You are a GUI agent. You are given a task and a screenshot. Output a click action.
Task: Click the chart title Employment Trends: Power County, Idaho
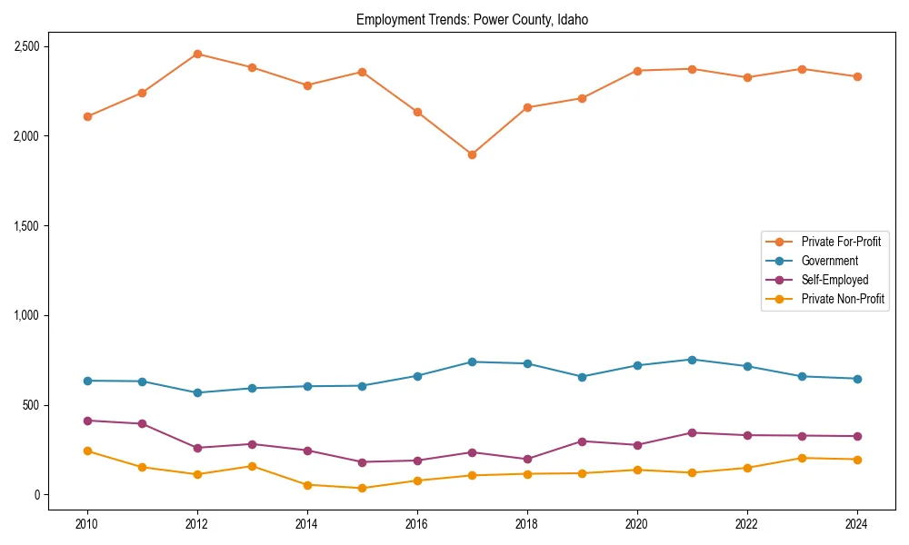coord(472,20)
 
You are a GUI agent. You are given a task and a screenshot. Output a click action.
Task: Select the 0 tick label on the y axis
coord(37,495)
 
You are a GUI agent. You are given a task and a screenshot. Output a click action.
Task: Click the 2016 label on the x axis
coord(417,524)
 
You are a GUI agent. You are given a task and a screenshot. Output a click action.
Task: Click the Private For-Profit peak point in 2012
coord(197,54)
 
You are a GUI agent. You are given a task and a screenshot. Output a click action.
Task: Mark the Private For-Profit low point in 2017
coord(472,154)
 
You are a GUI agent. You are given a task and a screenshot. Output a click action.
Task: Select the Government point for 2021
coord(692,360)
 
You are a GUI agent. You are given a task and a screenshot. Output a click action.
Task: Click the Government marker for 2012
coord(197,392)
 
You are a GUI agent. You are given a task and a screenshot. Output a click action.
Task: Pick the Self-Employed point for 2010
coord(87,421)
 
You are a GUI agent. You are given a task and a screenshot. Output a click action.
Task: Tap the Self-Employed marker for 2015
coord(362,462)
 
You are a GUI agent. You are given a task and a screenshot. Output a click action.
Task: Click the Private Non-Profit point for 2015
coord(362,488)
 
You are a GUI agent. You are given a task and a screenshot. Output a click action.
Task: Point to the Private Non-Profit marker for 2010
coord(87,451)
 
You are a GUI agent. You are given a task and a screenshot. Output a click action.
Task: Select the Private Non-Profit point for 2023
coord(802,458)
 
